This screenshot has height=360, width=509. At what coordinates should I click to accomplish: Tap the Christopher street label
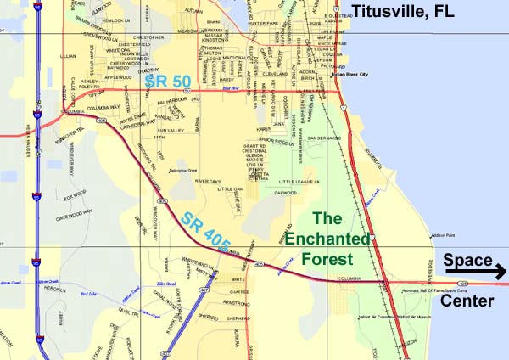[149, 37]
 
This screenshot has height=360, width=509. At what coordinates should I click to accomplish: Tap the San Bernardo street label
[324, 137]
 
